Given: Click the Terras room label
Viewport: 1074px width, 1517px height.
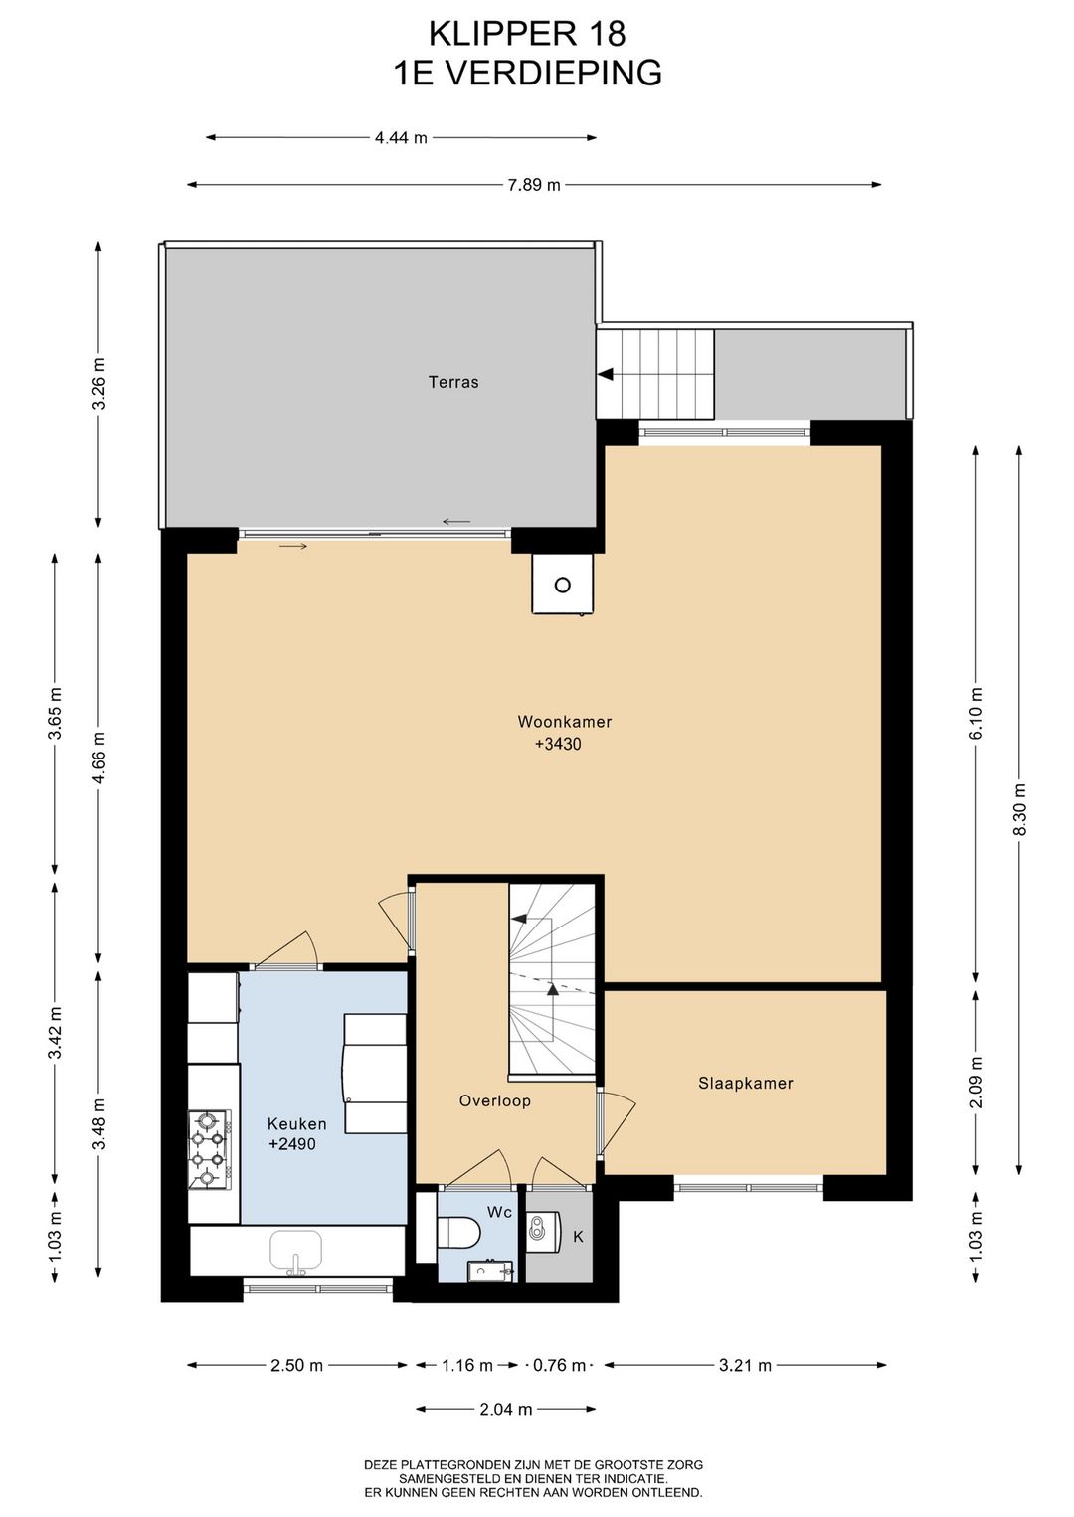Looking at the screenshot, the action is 453,382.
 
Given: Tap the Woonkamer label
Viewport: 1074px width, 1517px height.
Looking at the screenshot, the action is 565,722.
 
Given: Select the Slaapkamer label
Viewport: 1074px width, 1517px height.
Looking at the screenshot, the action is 746,1083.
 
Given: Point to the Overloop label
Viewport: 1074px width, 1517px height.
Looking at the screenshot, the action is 494,1100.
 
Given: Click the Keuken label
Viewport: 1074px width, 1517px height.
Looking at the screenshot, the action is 296,1123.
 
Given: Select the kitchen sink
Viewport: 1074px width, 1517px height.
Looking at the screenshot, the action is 296,1251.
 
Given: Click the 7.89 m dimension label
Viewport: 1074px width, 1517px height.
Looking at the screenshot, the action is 535,185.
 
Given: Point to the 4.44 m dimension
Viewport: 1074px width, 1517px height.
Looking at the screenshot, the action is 401,138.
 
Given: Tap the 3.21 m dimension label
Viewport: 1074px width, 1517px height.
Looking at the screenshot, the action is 746,1365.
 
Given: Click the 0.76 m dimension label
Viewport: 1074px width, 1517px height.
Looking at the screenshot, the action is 559,1365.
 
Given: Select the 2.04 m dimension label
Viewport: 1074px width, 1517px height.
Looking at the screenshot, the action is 506,1410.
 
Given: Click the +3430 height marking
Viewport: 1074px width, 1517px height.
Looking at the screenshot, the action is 558,745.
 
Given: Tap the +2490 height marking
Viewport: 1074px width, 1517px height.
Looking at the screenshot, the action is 292,1144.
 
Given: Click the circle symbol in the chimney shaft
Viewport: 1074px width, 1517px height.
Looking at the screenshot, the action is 563,585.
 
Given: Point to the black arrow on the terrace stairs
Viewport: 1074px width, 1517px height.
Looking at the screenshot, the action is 605,374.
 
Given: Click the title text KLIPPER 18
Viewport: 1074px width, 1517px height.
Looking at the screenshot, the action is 527,34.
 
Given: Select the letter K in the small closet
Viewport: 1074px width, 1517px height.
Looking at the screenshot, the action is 578,1237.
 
